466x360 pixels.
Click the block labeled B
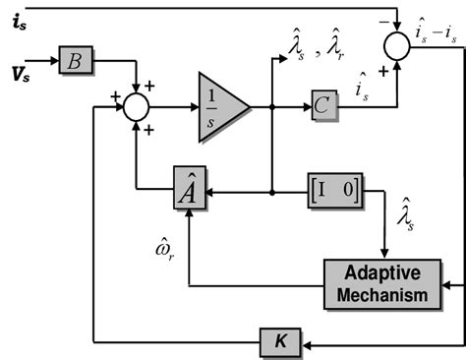tap(74, 60)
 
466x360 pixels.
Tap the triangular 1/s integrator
tap(221, 100)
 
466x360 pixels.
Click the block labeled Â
tap(188, 190)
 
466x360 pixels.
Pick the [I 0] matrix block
tap(334, 188)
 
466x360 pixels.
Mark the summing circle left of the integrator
tap(136, 106)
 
